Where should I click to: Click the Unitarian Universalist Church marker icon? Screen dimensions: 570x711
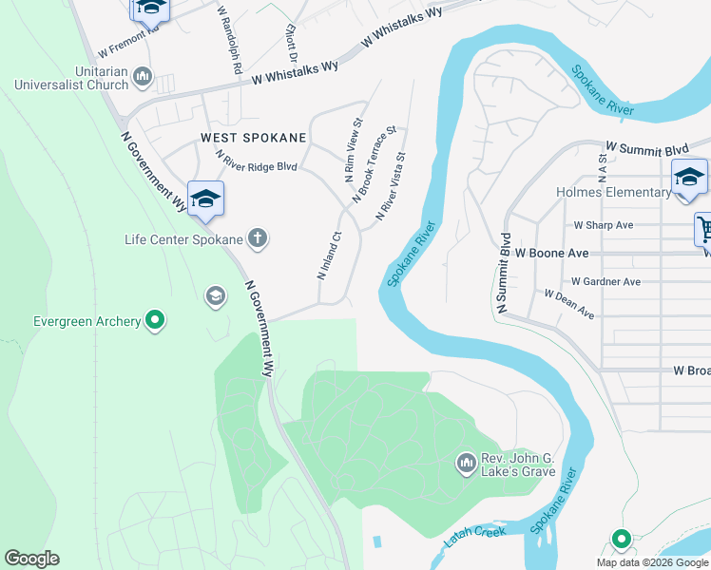144,75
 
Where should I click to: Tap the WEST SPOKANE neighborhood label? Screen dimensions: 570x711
254,138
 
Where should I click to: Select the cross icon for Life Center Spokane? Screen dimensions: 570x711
257,238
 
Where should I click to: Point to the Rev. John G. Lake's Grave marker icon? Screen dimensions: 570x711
466,463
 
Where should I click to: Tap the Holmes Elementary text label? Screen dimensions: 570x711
613,193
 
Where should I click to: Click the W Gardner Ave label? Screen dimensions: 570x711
605,282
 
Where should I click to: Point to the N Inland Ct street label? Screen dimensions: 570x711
329,256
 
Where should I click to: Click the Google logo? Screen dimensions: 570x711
31,559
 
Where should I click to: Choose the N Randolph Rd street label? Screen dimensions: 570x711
229,42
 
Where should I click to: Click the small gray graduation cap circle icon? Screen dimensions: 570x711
216,297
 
